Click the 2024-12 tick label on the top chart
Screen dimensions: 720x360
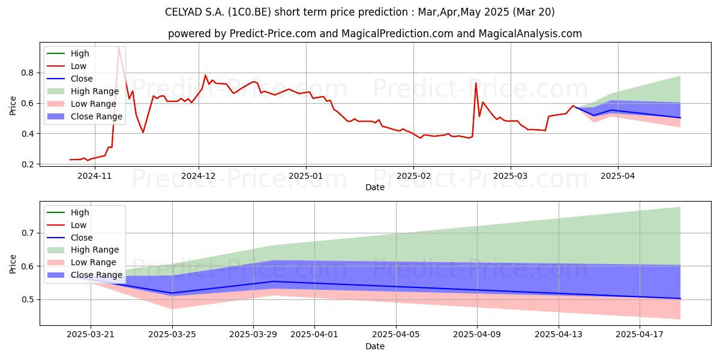pyautogui.click(x=199, y=176)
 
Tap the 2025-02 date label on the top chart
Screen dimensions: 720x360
pyautogui.click(x=413, y=176)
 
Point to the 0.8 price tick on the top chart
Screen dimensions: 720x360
pyautogui.click(x=28, y=73)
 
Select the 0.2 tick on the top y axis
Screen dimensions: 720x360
pyautogui.click(x=28, y=164)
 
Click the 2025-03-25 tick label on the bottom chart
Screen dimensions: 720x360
pyautogui.click(x=172, y=334)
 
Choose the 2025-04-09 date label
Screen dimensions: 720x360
pyautogui.click(x=477, y=334)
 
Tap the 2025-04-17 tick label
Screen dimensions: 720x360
pyautogui.click(x=640, y=334)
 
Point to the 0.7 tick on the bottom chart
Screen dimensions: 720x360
pyautogui.click(x=28, y=233)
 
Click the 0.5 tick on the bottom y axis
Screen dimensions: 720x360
pyautogui.click(x=28, y=299)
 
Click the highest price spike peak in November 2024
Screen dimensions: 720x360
pyautogui.click(x=119, y=47)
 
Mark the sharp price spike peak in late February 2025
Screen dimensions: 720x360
pyautogui.click(x=476, y=83)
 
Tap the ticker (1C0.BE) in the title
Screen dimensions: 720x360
pyautogui.click(x=249, y=12)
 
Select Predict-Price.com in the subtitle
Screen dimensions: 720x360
pyautogui.click(x=273, y=34)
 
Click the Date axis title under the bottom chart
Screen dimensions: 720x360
pyautogui.click(x=375, y=346)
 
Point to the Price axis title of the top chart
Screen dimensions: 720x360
pyautogui.click(x=13, y=106)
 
